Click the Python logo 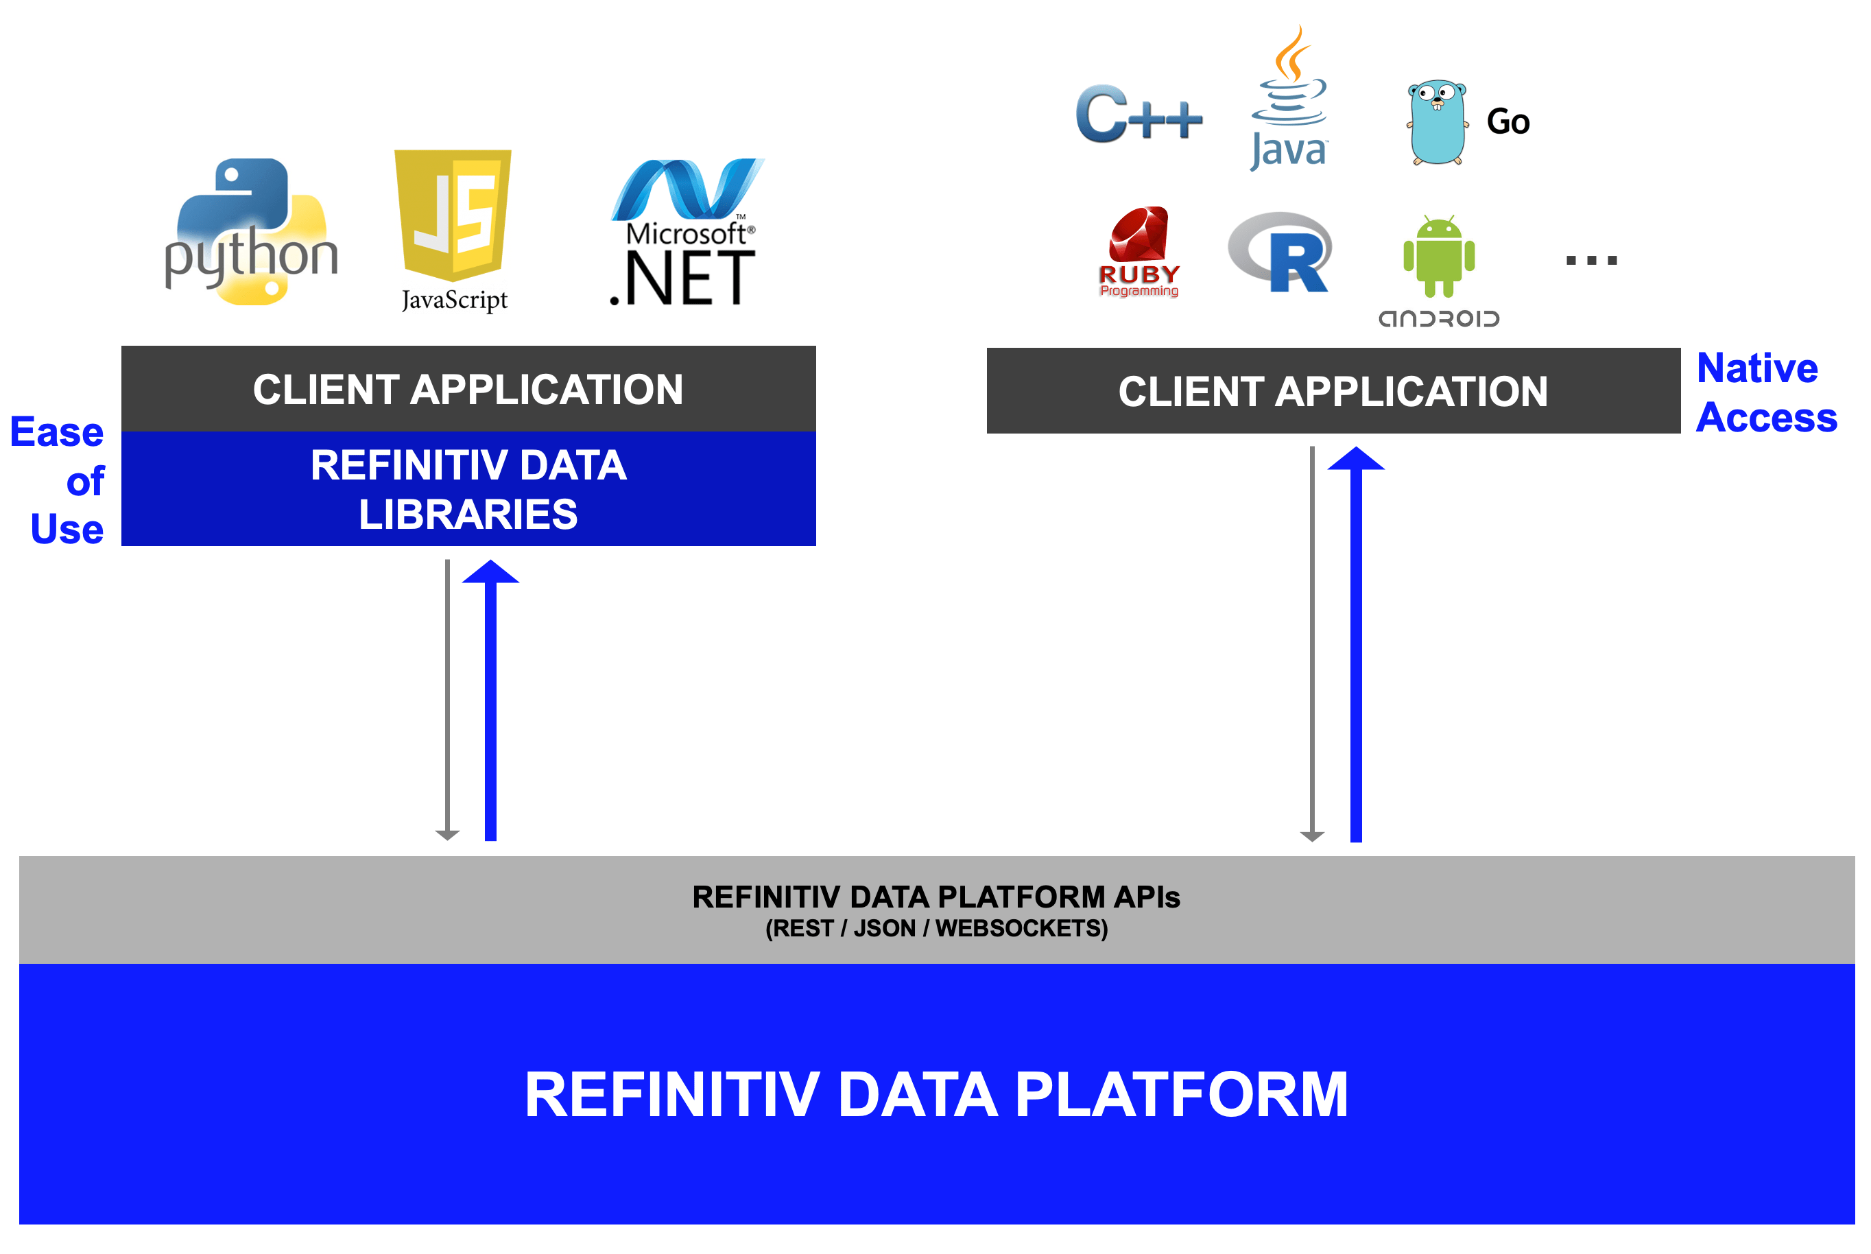[250, 232]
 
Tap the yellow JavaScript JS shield [453, 214]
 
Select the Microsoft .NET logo [685, 233]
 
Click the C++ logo [1139, 115]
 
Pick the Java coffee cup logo [1288, 100]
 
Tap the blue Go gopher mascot [1438, 122]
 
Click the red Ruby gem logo [1139, 250]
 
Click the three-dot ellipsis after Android [1591, 260]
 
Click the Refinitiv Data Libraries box [468, 488]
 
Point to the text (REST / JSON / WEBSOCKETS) [936, 929]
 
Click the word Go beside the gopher [1508, 121]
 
